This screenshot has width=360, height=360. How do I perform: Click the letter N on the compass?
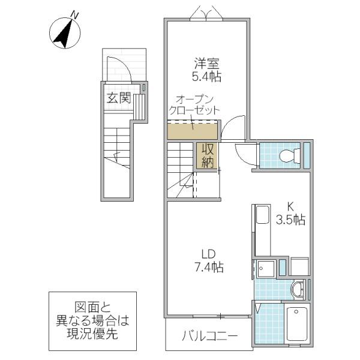75,14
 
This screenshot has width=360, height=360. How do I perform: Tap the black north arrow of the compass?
63,34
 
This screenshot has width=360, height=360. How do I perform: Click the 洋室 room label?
207,64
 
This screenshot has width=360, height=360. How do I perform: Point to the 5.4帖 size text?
206,77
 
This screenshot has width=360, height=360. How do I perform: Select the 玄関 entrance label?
119,98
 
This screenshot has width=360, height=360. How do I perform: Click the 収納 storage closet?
208,156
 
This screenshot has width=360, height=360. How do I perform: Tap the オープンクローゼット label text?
194,105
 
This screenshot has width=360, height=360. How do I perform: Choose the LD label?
208,254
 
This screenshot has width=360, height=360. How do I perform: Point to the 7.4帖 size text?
209,267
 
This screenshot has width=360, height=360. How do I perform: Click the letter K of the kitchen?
290,206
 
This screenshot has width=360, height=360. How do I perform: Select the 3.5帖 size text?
290,220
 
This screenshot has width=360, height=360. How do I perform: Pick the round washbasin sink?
298,290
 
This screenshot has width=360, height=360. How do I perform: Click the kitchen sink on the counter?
262,215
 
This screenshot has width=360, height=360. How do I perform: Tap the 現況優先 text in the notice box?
92,334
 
